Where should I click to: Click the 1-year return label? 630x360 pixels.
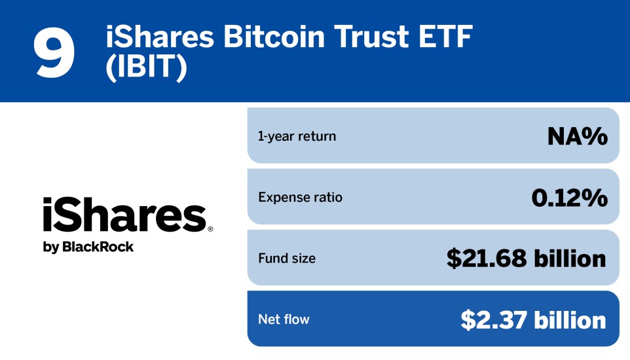(x=297, y=136)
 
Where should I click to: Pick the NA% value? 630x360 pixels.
(x=577, y=136)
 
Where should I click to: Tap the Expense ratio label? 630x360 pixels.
(x=300, y=197)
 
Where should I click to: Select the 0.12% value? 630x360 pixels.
(x=569, y=197)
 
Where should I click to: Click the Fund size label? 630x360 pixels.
(x=287, y=259)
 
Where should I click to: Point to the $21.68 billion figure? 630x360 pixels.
(x=526, y=259)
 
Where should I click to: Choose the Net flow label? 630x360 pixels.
(x=284, y=319)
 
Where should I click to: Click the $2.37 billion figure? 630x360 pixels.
(x=533, y=319)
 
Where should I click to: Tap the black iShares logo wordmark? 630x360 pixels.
(x=124, y=216)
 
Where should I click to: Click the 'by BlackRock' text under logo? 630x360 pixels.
(x=88, y=247)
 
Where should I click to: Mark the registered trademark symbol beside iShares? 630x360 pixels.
(x=210, y=230)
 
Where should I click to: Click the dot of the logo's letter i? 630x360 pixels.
(x=47, y=201)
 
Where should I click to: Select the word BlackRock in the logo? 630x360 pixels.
(x=98, y=247)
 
